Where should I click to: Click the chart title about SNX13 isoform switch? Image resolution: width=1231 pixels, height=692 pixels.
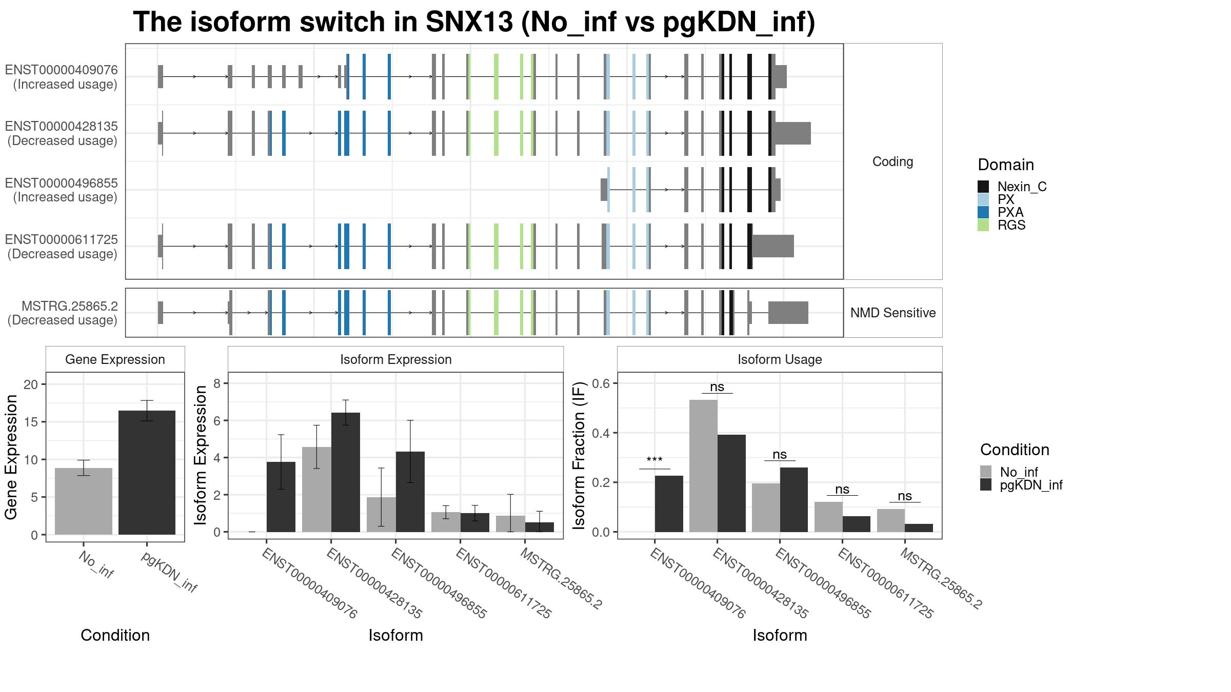coord(473,23)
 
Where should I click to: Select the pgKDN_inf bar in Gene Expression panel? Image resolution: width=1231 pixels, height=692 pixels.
coord(147,472)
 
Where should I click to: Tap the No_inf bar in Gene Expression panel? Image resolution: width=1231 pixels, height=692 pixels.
coord(84,501)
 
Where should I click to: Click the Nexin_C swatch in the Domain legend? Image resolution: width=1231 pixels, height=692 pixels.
coord(983,187)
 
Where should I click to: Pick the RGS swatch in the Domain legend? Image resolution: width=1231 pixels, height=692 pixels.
coord(983,225)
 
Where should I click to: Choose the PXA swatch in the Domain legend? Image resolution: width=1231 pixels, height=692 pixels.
coord(983,212)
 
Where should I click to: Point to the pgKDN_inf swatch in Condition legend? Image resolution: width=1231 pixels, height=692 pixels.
coord(986,485)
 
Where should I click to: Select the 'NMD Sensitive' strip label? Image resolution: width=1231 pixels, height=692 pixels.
coord(893,313)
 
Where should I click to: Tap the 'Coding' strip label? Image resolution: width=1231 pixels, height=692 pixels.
coord(893,161)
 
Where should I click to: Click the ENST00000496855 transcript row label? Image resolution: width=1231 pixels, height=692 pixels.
coord(62,190)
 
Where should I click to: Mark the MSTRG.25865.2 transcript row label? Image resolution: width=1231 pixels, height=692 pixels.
coord(63,313)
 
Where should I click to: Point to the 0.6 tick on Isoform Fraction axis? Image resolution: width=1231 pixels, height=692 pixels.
coord(604,383)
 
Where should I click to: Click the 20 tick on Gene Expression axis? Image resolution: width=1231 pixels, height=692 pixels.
coord(31,384)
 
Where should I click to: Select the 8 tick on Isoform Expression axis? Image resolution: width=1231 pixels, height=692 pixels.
coord(217,383)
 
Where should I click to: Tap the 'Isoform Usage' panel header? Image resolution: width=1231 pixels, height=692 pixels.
coord(780,359)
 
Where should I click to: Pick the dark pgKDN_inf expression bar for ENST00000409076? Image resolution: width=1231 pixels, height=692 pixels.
coord(281,497)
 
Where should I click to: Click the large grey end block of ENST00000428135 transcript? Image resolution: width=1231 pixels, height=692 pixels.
coord(792,133)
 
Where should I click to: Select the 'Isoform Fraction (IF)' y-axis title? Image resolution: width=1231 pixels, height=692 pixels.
coord(580,455)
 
